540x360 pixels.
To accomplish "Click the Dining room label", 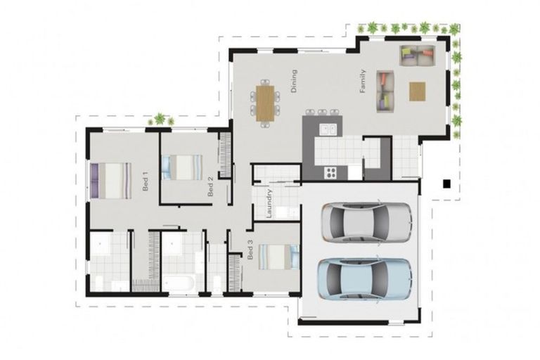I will point(294,81).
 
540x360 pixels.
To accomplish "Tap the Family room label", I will point(363,81).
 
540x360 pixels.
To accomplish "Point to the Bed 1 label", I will point(146,181).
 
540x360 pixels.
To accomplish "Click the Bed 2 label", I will point(210,186).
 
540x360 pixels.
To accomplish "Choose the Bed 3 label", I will point(250,252).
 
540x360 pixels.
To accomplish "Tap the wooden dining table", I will point(265,103).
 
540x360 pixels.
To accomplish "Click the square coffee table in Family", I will point(417,91).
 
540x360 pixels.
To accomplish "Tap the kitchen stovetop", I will point(330,172).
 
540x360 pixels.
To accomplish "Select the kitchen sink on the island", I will point(327,129).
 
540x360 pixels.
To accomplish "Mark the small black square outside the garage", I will point(446,184).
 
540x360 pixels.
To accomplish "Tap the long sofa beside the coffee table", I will point(385,90).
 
